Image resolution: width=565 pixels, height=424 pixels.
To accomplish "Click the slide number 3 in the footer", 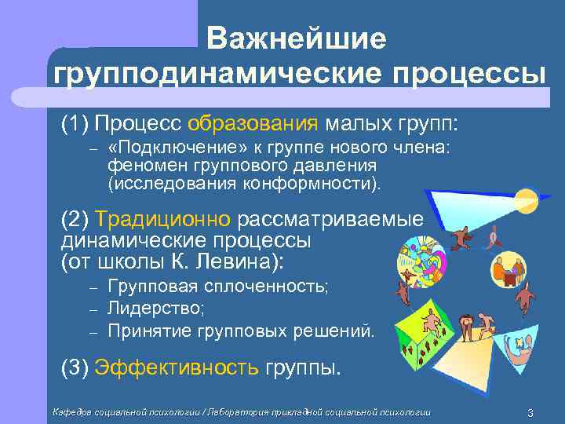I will click(x=531, y=413).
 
